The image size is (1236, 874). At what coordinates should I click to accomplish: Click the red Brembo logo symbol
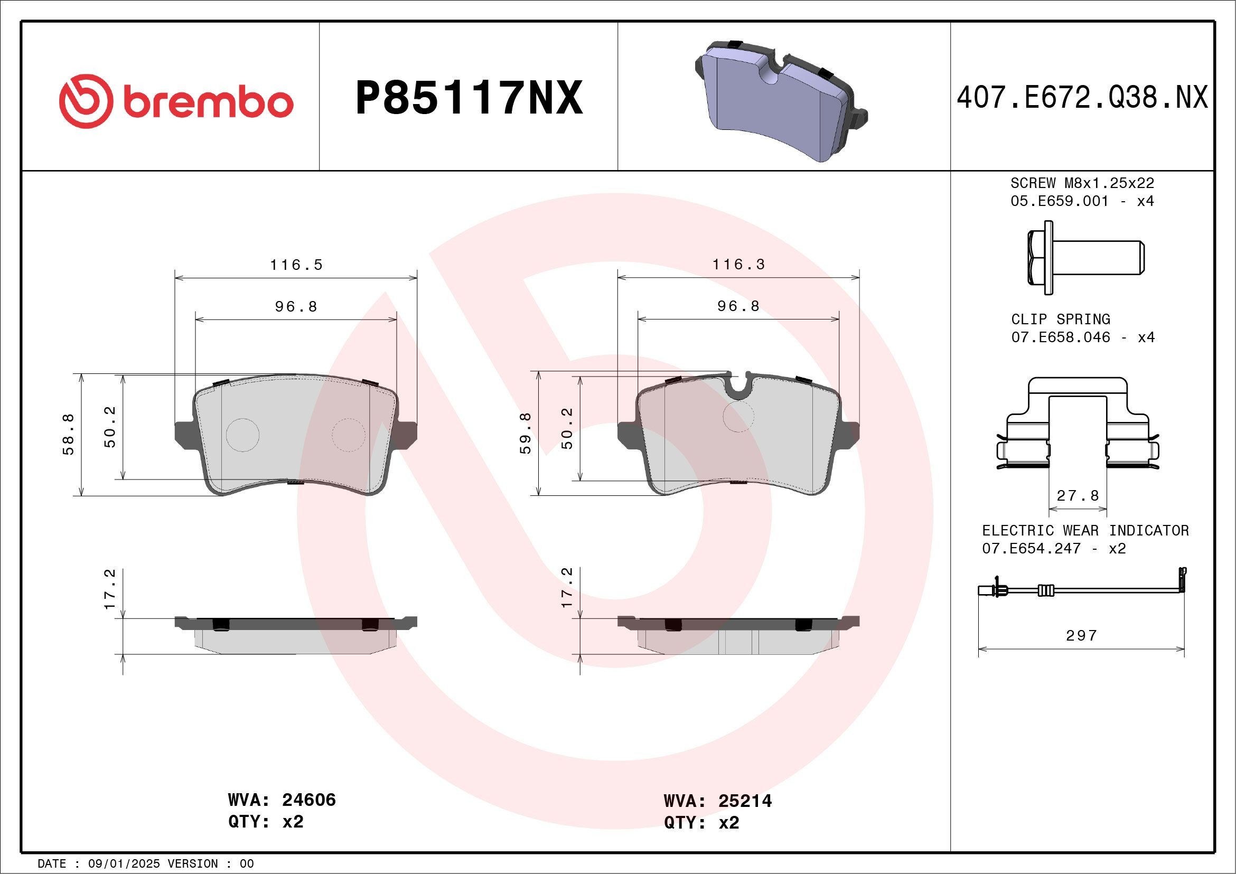click(86, 101)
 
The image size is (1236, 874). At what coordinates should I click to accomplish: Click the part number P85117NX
click(469, 98)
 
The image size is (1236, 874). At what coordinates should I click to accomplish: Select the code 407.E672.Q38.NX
click(1082, 98)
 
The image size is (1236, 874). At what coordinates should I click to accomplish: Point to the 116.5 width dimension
click(296, 265)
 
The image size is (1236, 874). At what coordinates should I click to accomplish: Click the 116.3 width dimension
click(738, 264)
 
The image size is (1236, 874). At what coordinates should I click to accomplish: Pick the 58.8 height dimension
click(69, 435)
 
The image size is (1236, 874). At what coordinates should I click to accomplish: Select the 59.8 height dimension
click(526, 433)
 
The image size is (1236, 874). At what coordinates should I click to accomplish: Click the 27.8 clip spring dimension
click(1078, 495)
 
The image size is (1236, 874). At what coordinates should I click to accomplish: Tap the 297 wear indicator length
click(1081, 636)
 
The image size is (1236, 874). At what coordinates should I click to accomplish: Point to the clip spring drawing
click(1077, 425)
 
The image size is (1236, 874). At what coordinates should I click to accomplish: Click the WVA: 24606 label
click(282, 800)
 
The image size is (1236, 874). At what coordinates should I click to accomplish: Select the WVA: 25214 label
click(718, 801)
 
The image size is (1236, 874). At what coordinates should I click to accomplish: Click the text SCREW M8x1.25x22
click(1082, 183)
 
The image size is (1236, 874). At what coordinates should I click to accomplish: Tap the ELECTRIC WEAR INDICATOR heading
click(1085, 531)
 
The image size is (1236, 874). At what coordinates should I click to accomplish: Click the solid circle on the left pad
click(243, 435)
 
